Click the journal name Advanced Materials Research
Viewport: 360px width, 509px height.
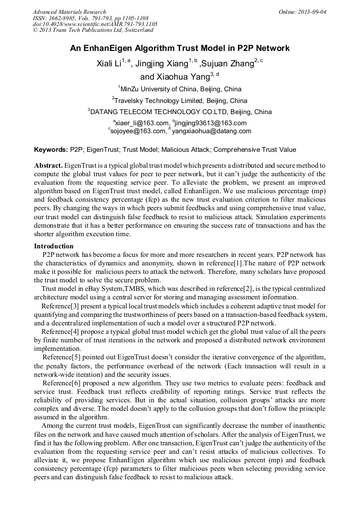[x=69, y=12]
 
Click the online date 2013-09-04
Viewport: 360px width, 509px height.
[x=311, y=12]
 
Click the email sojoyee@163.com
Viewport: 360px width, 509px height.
[x=137, y=131]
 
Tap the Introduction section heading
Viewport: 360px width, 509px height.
[x=54, y=246]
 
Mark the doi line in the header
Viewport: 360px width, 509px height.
[x=95, y=24]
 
